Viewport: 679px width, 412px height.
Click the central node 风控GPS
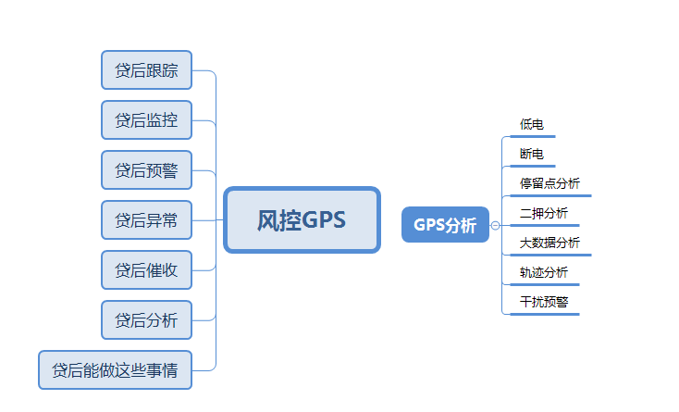click(302, 220)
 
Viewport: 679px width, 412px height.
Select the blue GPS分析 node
click(445, 225)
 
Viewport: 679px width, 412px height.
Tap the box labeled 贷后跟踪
click(146, 70)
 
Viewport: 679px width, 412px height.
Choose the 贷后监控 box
click(146, 120)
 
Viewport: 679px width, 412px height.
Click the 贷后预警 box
click(146, 170)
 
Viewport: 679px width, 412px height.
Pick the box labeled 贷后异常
click(146, 220)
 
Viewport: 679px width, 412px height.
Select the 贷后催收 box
click(146, 270)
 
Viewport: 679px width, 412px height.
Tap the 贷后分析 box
click(146, 320)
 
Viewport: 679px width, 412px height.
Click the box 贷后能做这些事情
click(115, 370)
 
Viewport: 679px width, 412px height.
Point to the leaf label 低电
click(532, 123)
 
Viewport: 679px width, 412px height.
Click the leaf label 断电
click(532, 153)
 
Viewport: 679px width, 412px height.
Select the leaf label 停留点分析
click(549, 183)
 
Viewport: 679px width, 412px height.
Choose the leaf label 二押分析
click(544, 213)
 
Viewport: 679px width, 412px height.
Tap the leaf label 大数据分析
click(549, 243)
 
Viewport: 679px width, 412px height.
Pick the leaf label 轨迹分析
click(544, 272)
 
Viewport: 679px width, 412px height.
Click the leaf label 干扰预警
click(544, 302)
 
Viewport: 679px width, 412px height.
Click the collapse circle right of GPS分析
click(496, 225)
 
